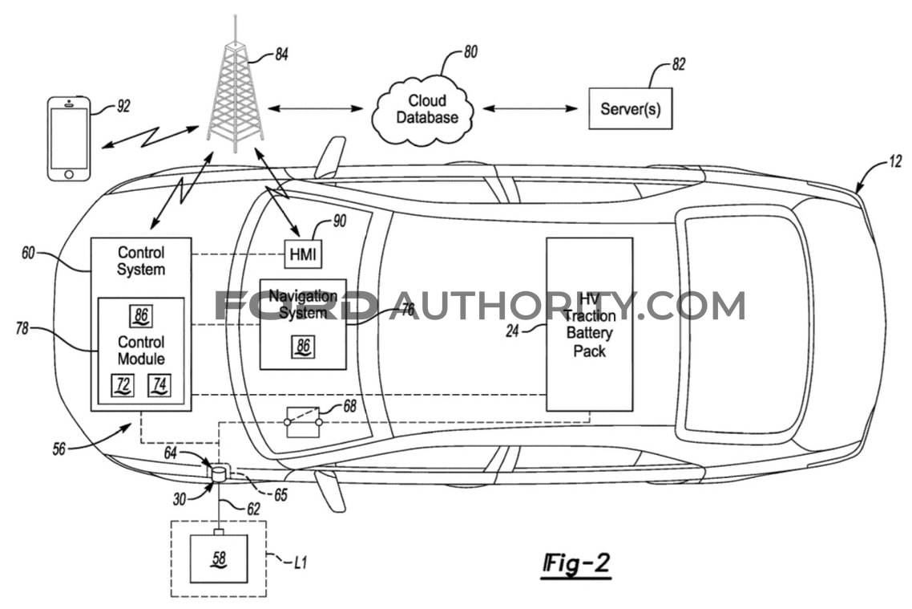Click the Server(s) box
(630, 108)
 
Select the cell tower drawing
(235, 92)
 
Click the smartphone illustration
(69, 138)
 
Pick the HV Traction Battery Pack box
(589, 324)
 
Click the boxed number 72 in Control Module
(123, 386)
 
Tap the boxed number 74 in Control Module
(159, 386)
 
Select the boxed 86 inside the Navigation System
(303, 347)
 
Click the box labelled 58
(218, 558)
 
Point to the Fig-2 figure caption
(576, 564)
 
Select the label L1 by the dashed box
(300, 562)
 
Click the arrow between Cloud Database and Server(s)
(531, 108)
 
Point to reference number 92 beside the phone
(123, 105)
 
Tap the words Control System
(141, 261)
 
